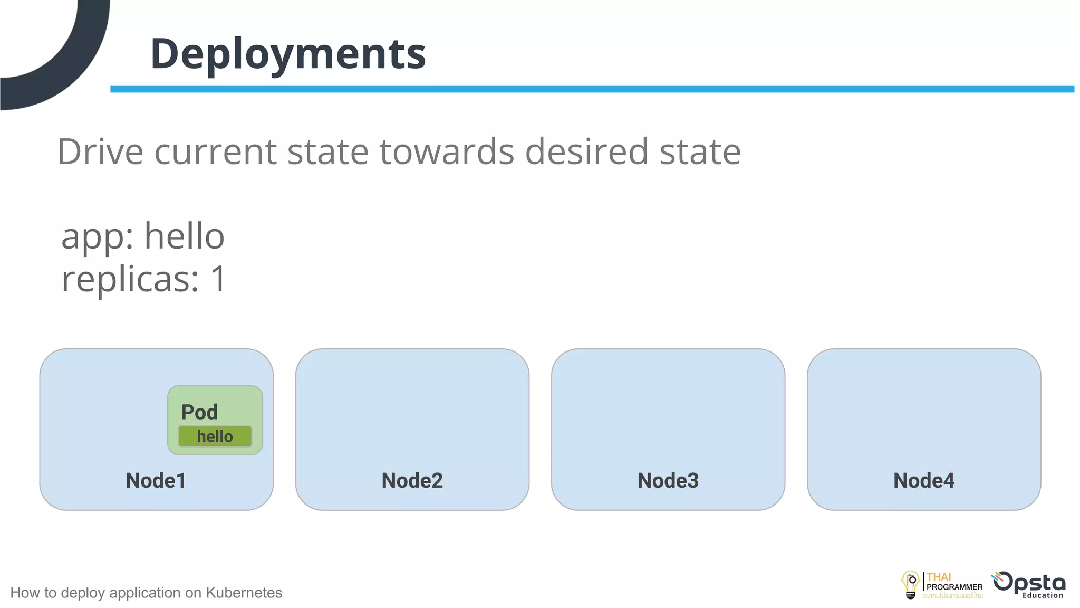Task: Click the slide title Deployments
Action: pyautogui.click(x=288, y=54)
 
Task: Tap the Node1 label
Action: pyautogui.click(x=156, y=480)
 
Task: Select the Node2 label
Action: pyautogui.click(x=412, y=480)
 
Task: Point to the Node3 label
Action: pyautogui.click(x=668, y=480)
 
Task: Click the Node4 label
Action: pyautogui.click(x=923, y=480)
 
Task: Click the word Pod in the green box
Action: pyautogui.click(x=199, y=412)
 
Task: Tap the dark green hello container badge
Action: pyautogui.click(x=215, y=436)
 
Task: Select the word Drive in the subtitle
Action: pyautogui.click(x=100, y=152)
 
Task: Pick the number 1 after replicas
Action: pyautogui.click(x=218, y=279)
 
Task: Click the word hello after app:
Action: pyautogui.click(x=184, y=236)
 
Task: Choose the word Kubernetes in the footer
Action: pyautogui.click(x=244, y=593)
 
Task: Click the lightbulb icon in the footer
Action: pyautogui.click(x=911, y=585)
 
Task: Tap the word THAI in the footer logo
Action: pyautogui.click(x=939, y=577)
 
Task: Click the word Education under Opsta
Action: pyautogui.click(x=1043, y=595)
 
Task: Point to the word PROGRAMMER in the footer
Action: pyautogui.click(x=954, y=587)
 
